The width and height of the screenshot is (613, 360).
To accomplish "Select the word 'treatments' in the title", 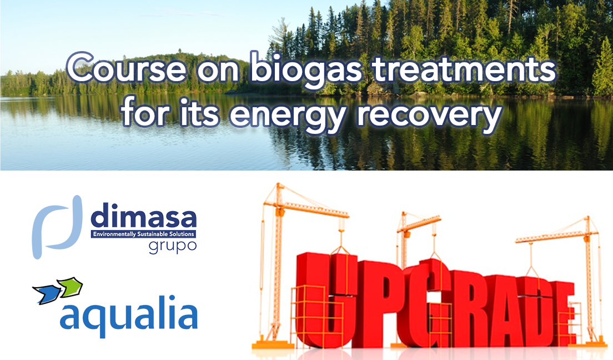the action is [x=464, y=69].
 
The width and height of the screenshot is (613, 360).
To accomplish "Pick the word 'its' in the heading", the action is [x=199, y=111].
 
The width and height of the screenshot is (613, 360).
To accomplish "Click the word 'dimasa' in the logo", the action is [x=143, y=215].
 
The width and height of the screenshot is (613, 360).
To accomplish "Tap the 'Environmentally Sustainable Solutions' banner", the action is [x=143, y=234].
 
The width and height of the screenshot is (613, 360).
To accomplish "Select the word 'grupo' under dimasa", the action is [x=172, y=247].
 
